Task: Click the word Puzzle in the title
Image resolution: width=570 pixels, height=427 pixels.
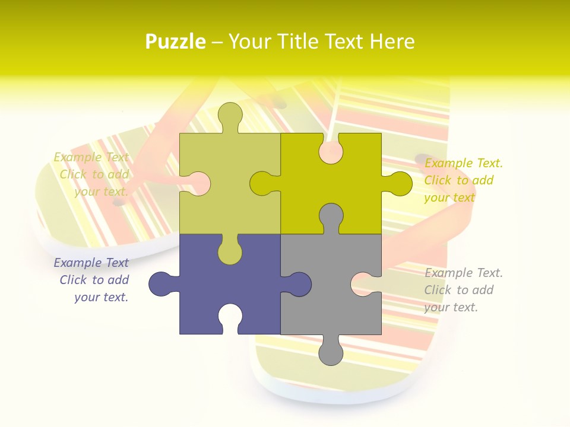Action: click(x=176, y=42)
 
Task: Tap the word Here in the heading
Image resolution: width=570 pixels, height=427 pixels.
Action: click(x=392, y=42)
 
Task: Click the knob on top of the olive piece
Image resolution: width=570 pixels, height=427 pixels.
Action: click(x=230, y=116)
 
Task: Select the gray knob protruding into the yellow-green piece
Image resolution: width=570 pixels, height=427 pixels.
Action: click(x=331, y=216)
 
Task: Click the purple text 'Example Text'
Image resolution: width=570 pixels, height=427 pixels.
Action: click(x=91, y=263)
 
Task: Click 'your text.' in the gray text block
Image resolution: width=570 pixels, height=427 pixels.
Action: click(x=451, y=307)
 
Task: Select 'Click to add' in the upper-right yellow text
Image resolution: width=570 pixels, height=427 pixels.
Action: click(x=459, y=180)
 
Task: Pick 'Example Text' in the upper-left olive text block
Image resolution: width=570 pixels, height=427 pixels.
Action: click(x=91, y=157)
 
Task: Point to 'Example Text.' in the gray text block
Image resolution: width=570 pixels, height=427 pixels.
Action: click(x=463, y=273)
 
